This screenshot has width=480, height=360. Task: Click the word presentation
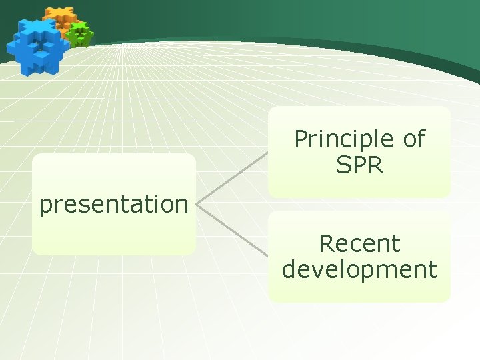(x=113, y=205)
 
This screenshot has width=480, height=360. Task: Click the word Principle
(x=339, y=140)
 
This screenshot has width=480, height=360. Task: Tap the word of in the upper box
(x=413, y=139)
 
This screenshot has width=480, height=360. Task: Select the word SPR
(x=360, y=165)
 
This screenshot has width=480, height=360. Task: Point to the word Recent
(x=359, y=244)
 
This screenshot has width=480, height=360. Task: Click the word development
(x=359, y=270)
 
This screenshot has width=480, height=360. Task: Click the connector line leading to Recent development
(x=233, y=230)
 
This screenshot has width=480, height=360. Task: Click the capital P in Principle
(x=301, y=139)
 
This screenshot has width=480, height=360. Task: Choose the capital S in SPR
(x=343, y=165)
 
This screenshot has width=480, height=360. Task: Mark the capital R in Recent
(x=327, y=244)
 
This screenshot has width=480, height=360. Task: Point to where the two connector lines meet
(x=199, y=204)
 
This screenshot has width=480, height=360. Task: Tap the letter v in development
(x=317, y=270)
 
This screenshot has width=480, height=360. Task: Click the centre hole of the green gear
(x=80, y=33)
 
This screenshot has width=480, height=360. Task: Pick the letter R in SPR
(x=376, y=165)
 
